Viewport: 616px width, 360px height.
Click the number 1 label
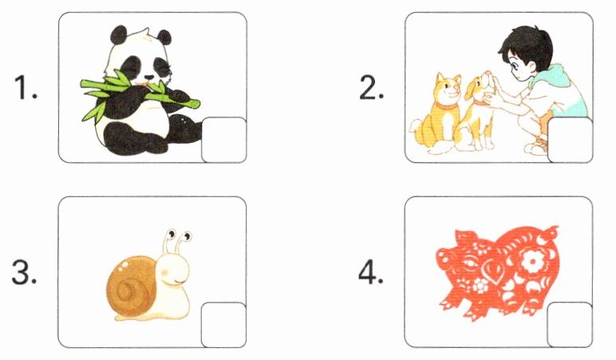pos(26,87)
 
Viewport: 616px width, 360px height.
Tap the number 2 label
pos(371,87)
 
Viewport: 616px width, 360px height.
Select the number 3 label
pos(25,272)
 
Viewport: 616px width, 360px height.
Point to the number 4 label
pos(371,272)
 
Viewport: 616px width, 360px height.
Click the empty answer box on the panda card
pos(224,140)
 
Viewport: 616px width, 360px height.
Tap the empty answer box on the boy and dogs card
pos(570,140)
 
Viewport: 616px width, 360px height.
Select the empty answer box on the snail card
pos(224,325)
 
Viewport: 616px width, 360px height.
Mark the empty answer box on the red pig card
pos(570,325)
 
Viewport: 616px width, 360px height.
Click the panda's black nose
pos(149,78)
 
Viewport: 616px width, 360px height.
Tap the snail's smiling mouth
pos(175,282)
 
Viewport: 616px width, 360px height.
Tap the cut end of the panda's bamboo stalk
pos(195,104)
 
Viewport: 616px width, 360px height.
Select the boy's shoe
pos(535,148)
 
